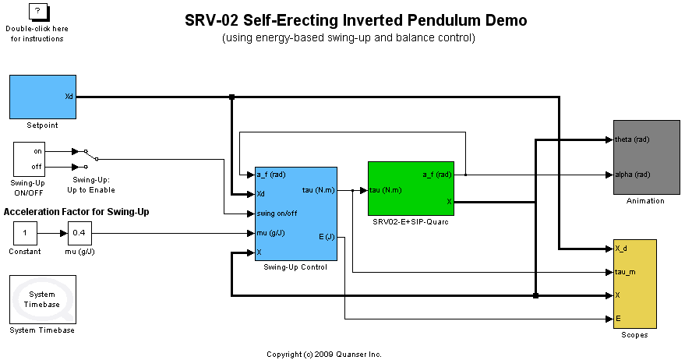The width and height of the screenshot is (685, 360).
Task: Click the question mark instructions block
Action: (37, 12)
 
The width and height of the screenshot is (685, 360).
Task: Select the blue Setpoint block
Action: (42, 97)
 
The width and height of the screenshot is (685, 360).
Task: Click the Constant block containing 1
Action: (25, 232)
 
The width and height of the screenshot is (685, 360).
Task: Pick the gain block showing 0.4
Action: (79, 232)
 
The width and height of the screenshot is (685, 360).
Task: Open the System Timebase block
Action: (42, 299)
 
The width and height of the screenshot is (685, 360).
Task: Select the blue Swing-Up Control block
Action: (295, 214)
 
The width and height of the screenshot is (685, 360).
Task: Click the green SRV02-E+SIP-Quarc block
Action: (411, 189)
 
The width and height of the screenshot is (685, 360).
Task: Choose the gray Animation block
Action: (646, 157)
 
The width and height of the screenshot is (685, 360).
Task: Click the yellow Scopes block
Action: (634, 284)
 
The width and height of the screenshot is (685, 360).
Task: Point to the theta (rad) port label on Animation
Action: (632, 139)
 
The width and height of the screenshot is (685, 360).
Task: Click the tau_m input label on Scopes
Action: (627, 272)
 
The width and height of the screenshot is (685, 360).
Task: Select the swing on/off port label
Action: (277, 213)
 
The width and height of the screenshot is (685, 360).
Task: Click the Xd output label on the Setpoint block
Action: (69, 97)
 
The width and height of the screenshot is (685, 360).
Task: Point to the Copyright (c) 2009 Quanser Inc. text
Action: (324, 354)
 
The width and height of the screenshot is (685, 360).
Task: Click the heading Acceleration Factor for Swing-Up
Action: (76, 212)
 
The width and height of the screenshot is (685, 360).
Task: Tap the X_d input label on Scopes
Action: (622, 249)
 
